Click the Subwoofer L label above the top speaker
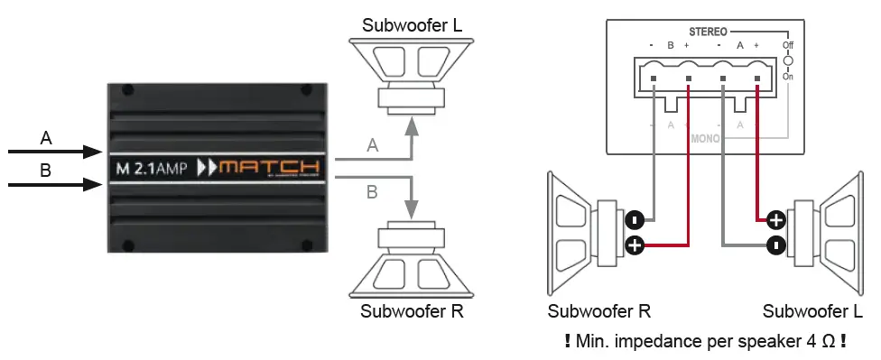(x=412, y=24)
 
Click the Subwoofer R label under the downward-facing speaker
(x=412, y=313)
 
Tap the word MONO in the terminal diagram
(x=706, y=140)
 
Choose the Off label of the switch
(x=788, y=44)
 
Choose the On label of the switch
(x=788, y=77)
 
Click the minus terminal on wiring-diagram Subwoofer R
(x=635, y=219)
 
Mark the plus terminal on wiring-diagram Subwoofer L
(x=774, y=219)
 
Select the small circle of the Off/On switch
(x=788, y=61)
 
